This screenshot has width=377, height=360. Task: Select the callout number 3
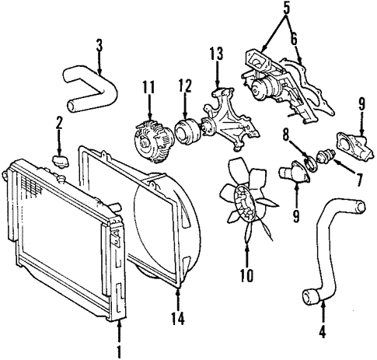pyautogui.click(x=99, y=44)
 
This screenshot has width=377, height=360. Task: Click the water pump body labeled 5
pyautogui.click(x=264, y=81)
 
